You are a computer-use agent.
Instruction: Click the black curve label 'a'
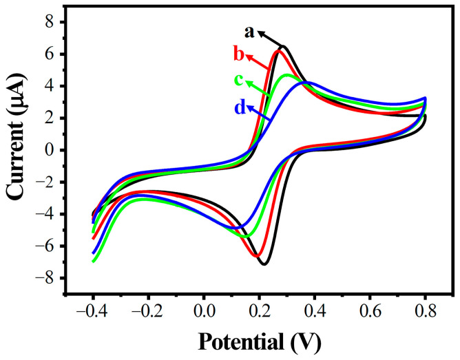250,32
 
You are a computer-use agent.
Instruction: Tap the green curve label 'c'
239,81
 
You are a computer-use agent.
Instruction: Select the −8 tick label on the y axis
44,278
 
